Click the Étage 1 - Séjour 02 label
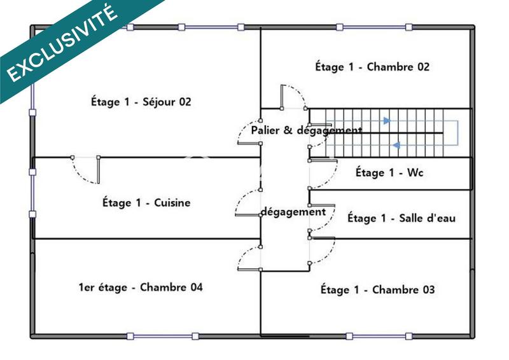[x=141, y=101]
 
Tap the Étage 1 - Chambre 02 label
[x=372, y=67]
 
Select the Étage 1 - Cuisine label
[x=146, y=203]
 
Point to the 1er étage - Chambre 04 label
[x=140, y=287]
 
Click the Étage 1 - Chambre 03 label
[x=377, y=290]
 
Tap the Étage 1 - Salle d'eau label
[x=401, y=218]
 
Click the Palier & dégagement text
[x=306, y=130]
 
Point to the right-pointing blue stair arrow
[x=386, y=120]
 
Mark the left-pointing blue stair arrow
[x=395, y=145]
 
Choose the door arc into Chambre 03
[x=323, y=252]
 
